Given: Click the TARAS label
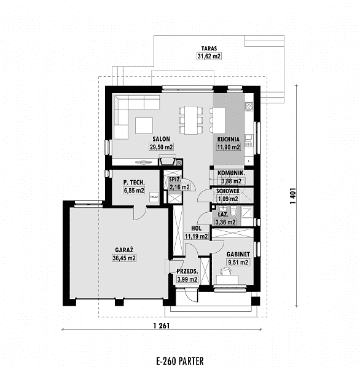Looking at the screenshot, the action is (209, 49).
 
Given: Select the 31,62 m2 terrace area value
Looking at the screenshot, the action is (209, 56).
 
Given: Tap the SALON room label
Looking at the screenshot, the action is (161, 139).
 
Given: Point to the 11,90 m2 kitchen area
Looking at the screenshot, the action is (229, 147).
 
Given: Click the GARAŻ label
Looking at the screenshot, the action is (124, 250).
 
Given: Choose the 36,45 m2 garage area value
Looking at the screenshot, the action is (124, 258).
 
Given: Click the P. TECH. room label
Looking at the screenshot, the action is (134, 183).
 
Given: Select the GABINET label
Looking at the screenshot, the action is (238, 254).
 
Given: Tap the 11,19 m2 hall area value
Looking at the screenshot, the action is (197, 236).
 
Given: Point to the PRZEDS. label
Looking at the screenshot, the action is (187, 271).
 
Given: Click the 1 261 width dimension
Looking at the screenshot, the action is (162, 326).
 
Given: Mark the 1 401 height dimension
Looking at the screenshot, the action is (292, 196).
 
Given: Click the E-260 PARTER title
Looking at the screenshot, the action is (180, 361).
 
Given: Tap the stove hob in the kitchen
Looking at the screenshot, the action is (249, 106).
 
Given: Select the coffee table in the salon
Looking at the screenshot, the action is (144, 125).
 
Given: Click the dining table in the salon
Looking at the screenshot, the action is (190, 120).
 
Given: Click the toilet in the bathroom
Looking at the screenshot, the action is (233, 212).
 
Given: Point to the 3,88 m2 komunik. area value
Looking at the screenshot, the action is (232, 181).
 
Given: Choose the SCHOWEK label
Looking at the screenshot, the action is (228, 191).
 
